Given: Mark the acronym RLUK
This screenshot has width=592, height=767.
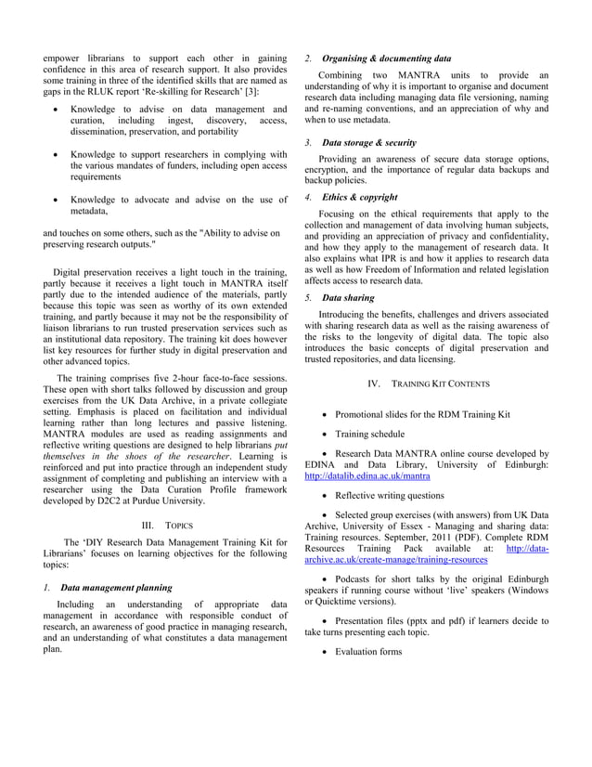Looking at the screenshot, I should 87,91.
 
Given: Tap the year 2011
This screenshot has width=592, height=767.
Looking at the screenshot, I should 464,537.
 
